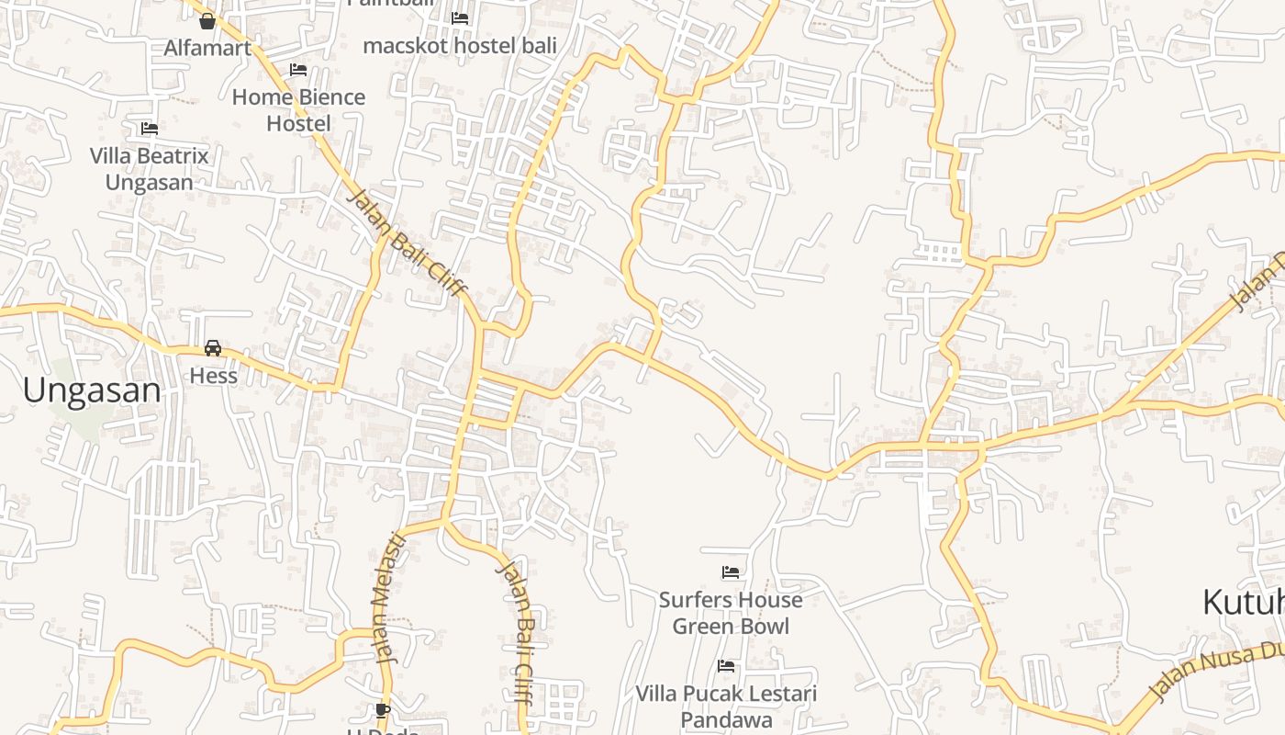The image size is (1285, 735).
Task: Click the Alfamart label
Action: (207, 48)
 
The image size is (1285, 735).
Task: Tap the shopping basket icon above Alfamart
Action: (207, 20)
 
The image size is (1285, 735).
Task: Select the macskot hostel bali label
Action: (460, 45)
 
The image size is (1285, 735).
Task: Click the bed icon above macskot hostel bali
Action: (460, 17)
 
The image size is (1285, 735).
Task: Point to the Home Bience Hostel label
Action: (298, 109)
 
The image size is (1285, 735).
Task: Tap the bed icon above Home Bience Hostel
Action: (298, 69)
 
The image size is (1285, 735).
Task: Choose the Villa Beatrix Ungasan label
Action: (150, 169)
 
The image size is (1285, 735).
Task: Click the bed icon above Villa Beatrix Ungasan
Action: (150, 129)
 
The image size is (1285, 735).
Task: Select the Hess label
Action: (213, 376)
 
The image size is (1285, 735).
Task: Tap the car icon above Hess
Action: (213, 348)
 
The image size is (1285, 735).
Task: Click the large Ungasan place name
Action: (92, 390)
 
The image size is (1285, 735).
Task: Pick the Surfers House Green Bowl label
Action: (731, 613)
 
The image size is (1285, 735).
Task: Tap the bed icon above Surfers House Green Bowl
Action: (731, 572)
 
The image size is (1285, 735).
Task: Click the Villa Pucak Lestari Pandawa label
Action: (727, 707)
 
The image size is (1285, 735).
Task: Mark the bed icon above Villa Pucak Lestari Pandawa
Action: (726, 666)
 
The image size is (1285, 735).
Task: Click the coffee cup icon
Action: (383, 710)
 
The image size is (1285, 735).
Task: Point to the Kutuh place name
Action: (1243, 603)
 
